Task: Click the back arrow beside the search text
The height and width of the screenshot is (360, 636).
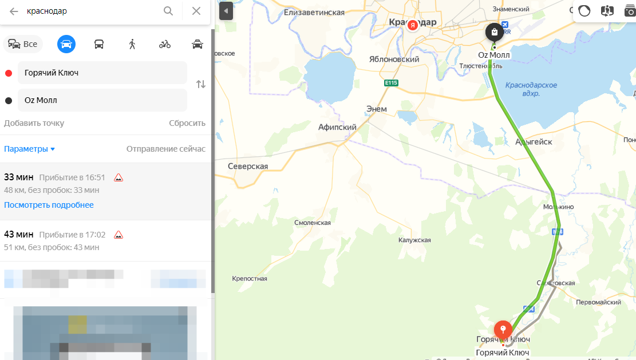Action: click(14, 11)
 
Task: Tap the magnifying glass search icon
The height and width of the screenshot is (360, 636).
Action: click(168, 11)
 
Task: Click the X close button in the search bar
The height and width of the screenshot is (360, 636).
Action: click(196, 11)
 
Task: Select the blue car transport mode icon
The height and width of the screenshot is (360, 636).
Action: click(66, 44)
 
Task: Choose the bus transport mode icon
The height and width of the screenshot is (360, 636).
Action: click(99, 44)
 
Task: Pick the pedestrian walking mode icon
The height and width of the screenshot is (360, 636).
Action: click(132, 44)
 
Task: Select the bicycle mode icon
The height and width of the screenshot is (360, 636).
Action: click(165, 44)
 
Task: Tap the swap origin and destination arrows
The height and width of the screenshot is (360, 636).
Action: click(200, 84)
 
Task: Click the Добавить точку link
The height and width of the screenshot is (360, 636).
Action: click(34, 123)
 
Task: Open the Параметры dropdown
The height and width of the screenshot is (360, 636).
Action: click(30, 149)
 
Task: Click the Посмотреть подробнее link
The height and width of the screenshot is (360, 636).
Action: click(49, 205)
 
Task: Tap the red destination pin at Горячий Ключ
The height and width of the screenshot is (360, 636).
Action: click(503, 330)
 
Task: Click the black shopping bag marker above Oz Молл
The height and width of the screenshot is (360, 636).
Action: click(494, 33)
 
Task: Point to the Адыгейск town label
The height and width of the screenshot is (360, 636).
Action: click(534, 141)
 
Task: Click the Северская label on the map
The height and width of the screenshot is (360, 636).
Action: click(248, 166)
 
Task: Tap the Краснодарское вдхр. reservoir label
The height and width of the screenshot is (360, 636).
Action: click(531, 89)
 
